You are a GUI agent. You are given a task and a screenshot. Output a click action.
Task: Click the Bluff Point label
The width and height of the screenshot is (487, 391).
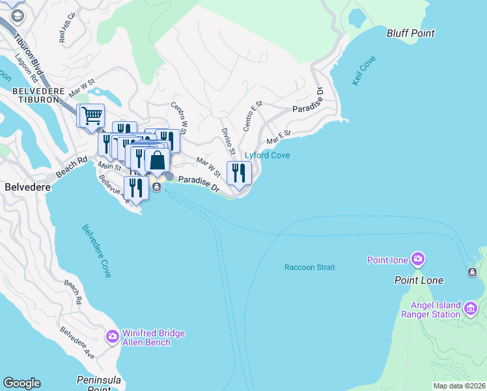point(410,33)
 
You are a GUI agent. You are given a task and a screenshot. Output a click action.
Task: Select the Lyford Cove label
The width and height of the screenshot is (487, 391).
point(267,156)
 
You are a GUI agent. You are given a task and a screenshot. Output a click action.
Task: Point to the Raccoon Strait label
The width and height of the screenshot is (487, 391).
point(309,267)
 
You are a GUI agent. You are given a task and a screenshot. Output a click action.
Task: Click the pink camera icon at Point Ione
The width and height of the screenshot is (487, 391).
point(417,260)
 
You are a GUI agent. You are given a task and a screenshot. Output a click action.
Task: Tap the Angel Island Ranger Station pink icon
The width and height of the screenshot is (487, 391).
point(471,306)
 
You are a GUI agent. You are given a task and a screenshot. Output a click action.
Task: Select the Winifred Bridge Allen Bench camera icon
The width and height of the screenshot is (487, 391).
point(112,337)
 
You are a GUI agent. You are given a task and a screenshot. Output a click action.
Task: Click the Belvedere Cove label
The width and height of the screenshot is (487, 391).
point(96,251)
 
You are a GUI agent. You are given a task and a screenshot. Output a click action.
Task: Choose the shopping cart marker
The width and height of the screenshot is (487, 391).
point(91,116)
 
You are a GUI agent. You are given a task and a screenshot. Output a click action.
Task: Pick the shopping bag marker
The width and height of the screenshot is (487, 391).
point(157,160)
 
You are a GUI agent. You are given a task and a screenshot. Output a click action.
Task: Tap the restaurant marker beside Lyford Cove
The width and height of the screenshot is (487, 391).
point(239,173)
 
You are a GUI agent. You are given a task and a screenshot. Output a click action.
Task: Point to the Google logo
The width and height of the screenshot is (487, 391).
point(21,383)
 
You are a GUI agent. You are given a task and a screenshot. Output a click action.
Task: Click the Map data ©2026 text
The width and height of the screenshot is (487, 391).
point(458,386)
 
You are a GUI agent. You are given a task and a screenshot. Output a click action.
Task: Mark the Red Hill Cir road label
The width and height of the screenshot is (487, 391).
point(67,29)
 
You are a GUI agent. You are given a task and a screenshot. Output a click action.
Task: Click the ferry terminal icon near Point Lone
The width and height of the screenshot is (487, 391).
point(471,272)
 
